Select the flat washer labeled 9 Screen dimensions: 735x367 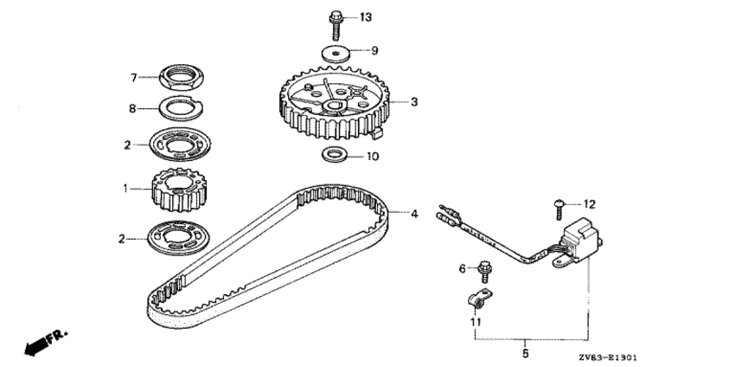336,50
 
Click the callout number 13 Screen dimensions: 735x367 365,17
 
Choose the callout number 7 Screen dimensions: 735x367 134,78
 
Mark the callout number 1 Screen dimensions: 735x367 126,188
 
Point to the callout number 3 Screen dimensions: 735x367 414,102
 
